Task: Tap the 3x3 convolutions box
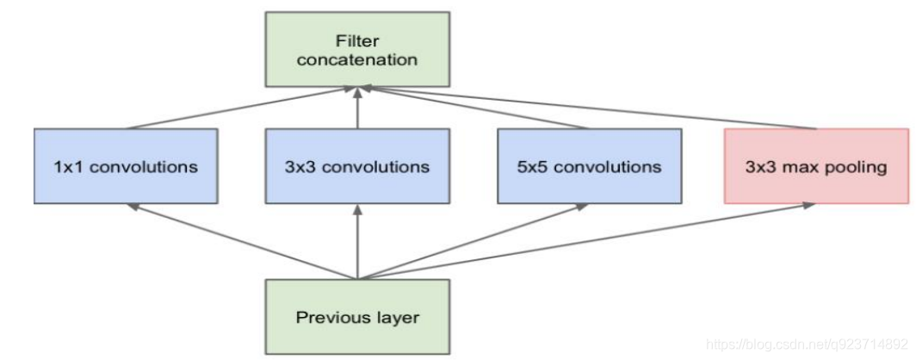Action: point(356,166)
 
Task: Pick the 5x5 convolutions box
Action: point(590,166)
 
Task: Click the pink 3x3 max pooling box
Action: point(816,166)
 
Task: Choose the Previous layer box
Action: point(357,317)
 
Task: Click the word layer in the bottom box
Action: point(397,317)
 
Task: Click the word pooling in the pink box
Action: point(856,167)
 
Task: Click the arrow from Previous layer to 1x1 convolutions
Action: point(241,242)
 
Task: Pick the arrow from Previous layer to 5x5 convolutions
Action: point(473,242)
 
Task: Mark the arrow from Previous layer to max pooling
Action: point(585,242)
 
